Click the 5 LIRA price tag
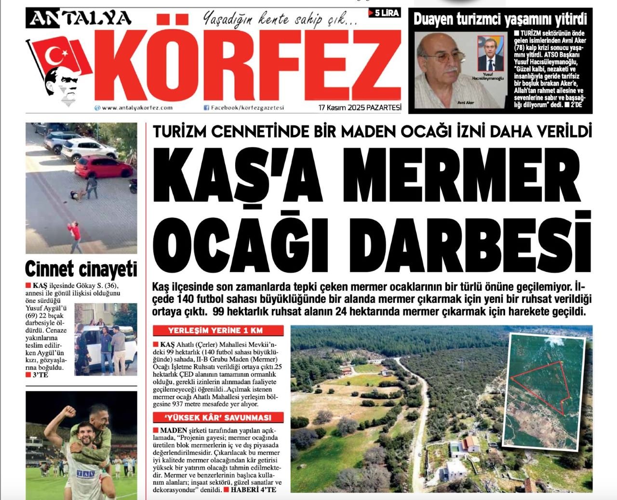click(x=384, y=13)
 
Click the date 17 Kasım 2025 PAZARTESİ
click(x=360, y=108)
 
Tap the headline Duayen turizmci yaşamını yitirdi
click(x=500, y=20)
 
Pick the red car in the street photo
click(x=104, y=166)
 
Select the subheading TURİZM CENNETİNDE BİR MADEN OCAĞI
click(x=328, y=132)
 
